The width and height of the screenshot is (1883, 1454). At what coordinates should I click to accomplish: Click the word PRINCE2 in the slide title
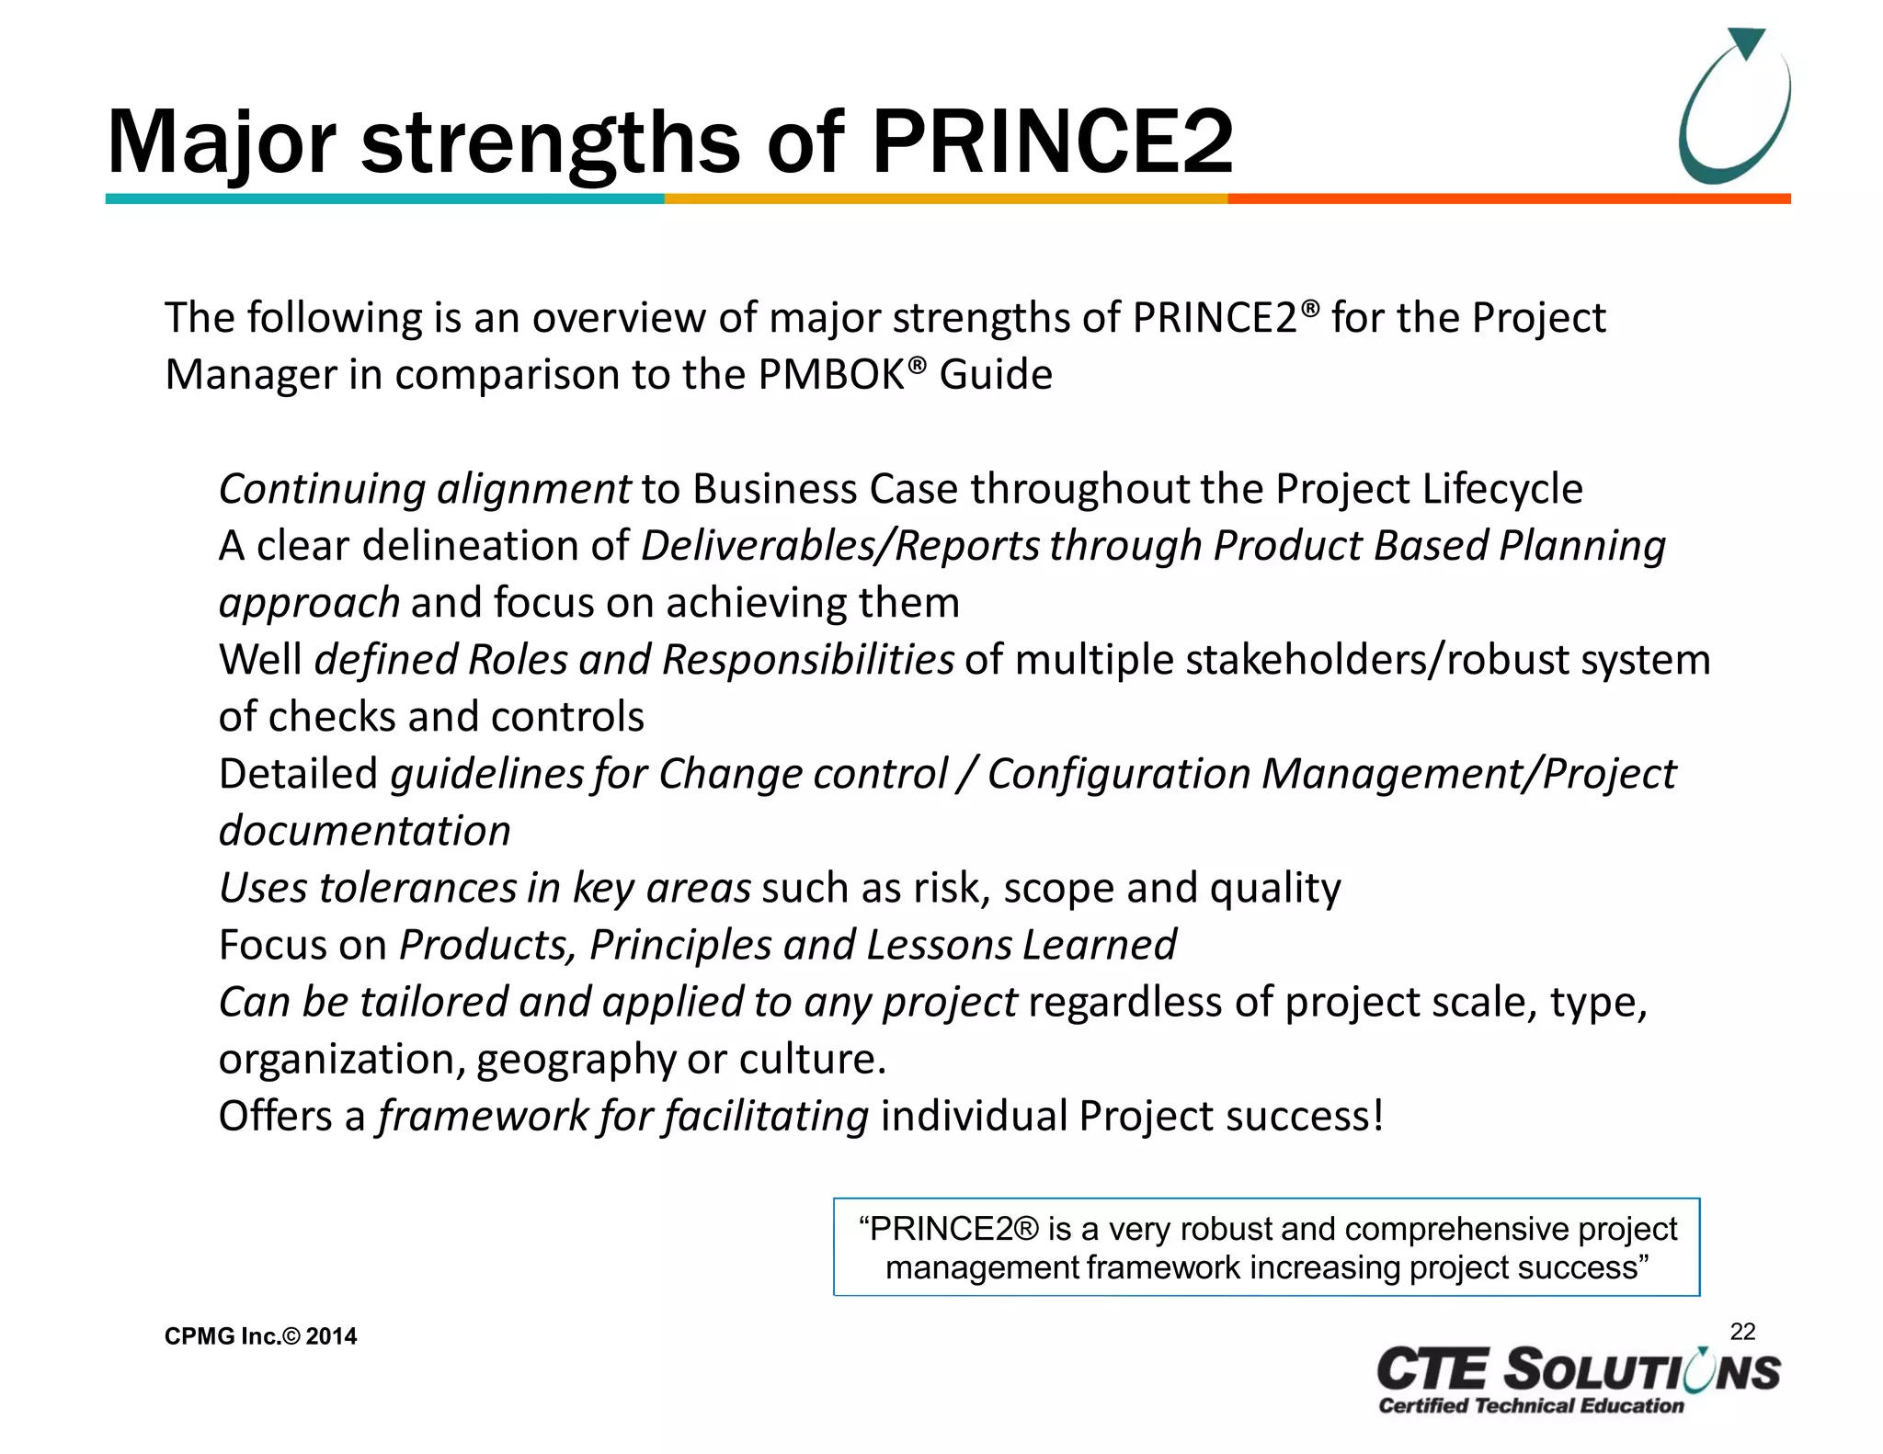[x=1052, y=142]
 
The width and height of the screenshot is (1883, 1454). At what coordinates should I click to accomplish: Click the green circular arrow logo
[x=1734, y=107]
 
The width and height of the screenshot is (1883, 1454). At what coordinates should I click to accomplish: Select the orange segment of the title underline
[x=1508, y=199]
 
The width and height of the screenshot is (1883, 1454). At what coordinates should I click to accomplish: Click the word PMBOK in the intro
[x=831, y=375]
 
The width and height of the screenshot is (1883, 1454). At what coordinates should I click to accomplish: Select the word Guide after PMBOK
[x=996, y=375]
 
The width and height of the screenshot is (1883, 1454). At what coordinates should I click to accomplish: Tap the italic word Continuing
[x=322, y=489]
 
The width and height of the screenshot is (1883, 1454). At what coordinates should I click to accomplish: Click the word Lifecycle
[x=1502, y=489]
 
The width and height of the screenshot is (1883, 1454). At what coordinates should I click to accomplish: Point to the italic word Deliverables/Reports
[x=840, y=546]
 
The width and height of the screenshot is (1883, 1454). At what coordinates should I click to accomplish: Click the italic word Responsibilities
[x=807, y=660]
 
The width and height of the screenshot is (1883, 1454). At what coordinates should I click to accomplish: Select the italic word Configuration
[x=1118, y=774]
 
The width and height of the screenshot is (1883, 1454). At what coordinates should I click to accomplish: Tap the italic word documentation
[x=364, y=831]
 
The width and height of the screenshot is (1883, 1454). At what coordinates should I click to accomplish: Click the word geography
[x=576, y=1060]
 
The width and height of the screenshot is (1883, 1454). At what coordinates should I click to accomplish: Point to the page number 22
[x=1742, y=1332]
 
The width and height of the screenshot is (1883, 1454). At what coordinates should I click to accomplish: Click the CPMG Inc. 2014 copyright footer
[x=260, y=1336]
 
